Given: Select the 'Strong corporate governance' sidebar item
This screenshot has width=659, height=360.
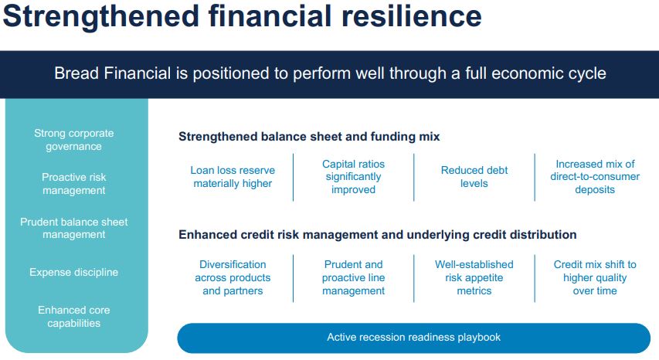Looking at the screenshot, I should point(73,140).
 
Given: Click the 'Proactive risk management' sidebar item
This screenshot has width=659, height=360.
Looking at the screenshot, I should point(73,184).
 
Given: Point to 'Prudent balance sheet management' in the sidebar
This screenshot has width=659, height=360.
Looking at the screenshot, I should point(73,228).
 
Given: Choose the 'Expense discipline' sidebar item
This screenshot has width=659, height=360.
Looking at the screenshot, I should point(73,272).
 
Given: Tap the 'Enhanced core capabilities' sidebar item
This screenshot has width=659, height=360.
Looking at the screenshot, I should point(73,316).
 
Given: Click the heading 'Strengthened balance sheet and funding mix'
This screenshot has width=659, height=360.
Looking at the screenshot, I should point(309,137).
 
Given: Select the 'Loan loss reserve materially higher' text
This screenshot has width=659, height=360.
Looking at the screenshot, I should point(233,177).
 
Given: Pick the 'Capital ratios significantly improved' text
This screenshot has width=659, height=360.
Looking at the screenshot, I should point(353,177).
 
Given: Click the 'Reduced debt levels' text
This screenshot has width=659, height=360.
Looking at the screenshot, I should point(474,177).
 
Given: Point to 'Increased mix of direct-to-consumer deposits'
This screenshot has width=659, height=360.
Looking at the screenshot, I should point(595,177).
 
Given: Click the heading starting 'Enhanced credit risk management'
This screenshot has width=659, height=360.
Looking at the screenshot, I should point(377,234).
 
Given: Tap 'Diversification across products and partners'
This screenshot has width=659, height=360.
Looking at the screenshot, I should point(233,277).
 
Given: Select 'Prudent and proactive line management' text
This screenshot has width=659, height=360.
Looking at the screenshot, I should point(353,277).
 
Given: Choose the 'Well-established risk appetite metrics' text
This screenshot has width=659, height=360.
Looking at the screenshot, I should point(474,277).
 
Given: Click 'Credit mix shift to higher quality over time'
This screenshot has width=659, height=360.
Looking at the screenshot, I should point(595,277).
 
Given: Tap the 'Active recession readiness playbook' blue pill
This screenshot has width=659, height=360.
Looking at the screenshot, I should point(413,337).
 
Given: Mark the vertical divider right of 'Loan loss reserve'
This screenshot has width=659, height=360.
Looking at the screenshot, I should point(293,177).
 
